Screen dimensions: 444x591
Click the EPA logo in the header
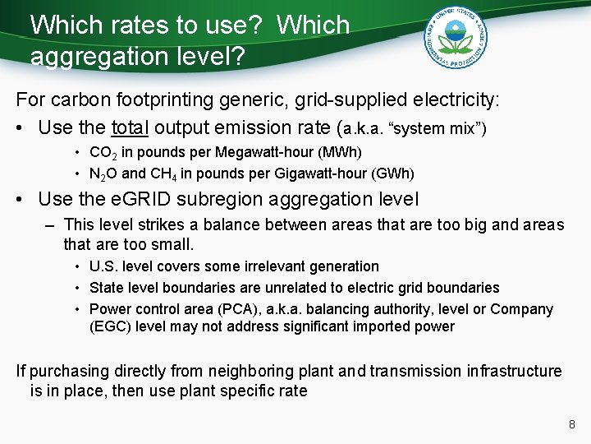[455, 39]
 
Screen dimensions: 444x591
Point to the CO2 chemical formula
[103, 153]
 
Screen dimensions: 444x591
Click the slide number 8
[571, 425]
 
